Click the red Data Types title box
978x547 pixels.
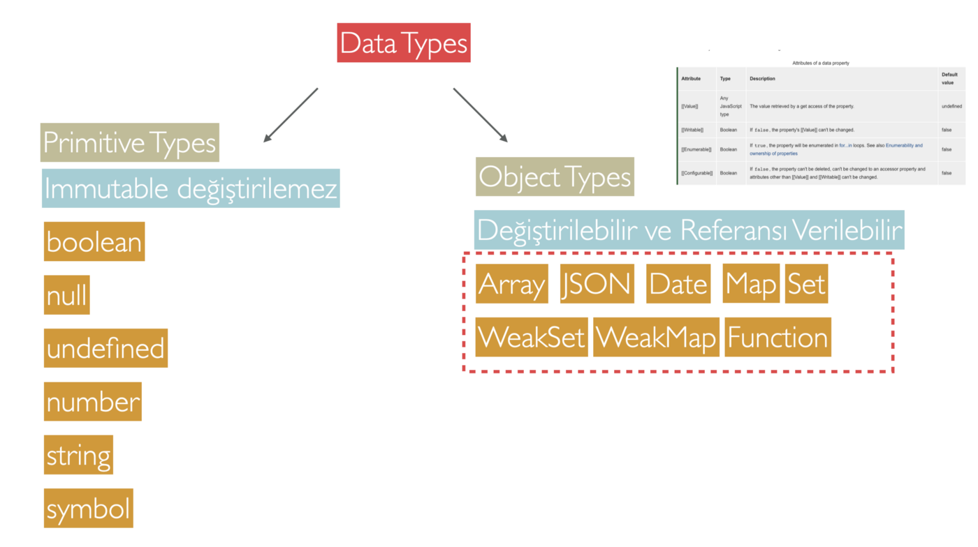404,43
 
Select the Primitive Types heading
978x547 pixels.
130,143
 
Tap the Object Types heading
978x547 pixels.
555,177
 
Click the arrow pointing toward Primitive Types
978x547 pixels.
291,115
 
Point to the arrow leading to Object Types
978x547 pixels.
481,115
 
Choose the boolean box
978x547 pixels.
94,242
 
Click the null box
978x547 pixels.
67,295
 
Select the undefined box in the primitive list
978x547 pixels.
105,348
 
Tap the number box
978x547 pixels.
93,402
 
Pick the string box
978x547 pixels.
78,455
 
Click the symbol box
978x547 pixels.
89,509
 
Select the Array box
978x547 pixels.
512,284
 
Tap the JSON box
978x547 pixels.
597,284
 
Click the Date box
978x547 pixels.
678,284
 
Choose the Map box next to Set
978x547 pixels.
751,284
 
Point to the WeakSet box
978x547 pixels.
532,337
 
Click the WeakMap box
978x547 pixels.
656,337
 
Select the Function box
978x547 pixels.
778,337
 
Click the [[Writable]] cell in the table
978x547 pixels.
692,130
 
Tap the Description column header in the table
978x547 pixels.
762,79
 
